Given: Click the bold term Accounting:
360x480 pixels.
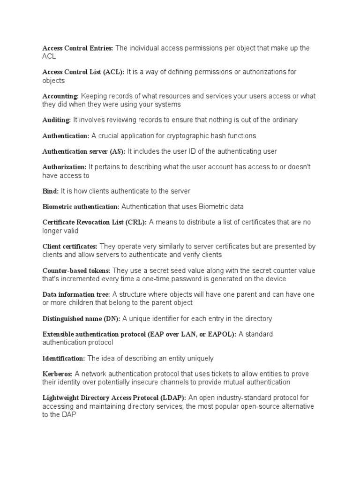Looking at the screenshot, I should pos(60,96).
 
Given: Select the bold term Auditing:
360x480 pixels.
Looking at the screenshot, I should pos(57,120).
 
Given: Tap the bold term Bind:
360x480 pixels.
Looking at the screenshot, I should pos(51,191).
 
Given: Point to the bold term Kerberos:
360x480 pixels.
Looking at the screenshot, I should pos(58,374).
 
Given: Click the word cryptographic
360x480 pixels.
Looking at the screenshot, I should pos(180,136).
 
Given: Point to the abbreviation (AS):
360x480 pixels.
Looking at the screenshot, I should pos(117,151).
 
